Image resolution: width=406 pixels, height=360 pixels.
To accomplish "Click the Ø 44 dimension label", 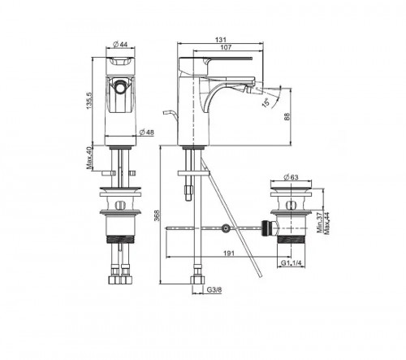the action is [x=120, y=44].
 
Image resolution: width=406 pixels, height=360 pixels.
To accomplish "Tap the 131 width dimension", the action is [x=220, y=40].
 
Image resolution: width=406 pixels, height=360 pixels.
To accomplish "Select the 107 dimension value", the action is [x=226, y=47].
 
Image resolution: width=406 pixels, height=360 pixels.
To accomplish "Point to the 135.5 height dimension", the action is [x=89, y=101].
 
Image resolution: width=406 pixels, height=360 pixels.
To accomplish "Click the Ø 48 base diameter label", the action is [x=146, y=132].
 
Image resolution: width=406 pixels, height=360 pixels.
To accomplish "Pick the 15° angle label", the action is [x=266, y=102].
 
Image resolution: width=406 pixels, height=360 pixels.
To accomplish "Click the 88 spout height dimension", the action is [x=287, y=116].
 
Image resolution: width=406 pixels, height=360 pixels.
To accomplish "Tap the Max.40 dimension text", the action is [x=89, y=158].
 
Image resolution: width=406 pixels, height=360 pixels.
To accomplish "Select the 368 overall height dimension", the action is [x=157, y=215].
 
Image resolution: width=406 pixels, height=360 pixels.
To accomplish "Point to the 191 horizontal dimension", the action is [x=229, y=254].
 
